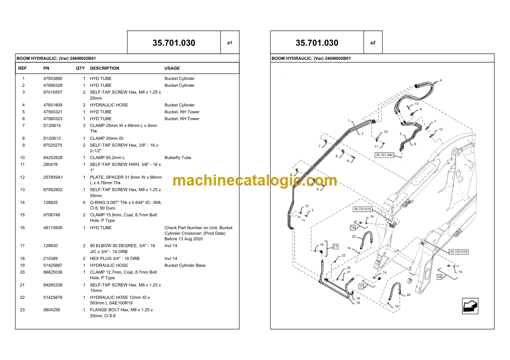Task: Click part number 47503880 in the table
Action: pos(53,79)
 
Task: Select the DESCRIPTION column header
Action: pos(104,68)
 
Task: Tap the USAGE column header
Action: pos(172,68)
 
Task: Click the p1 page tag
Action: pos(230,43)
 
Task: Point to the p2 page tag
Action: pos(373,43)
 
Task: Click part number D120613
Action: pos(52,139)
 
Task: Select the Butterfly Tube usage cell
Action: pos(178,158)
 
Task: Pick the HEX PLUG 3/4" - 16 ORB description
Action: pos(115,259)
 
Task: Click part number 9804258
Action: pos(51,310)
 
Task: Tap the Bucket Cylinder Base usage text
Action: pos(185,266)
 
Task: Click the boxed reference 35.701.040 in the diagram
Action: pos(385,155)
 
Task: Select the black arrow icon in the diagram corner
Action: pos(470,306)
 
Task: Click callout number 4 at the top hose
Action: pos(441,80)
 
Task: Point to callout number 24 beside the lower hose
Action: pos(409,295)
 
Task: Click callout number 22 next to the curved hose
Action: pos(354,236)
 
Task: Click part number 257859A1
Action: pos(53,177)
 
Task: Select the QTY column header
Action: pos(80,68)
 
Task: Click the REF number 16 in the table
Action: pos(22,228)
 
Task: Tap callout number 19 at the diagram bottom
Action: pos(358,302)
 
